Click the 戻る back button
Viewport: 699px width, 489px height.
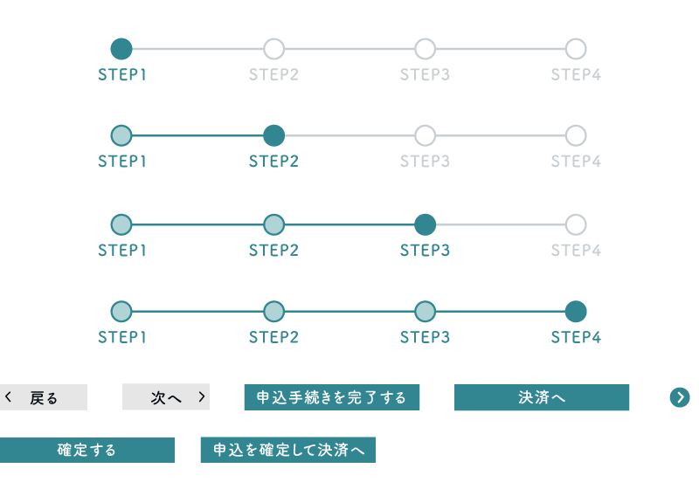43,397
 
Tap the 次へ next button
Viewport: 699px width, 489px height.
166,396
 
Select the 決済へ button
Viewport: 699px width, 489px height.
542,397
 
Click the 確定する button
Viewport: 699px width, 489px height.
87,450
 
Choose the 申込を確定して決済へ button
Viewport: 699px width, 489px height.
288,450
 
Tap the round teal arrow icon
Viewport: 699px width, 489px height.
680,397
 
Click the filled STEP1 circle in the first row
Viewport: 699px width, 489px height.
121,49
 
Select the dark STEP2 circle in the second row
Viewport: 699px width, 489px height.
273,136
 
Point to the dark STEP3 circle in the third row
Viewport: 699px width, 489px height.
425,224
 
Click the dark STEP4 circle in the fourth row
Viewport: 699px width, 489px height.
576,312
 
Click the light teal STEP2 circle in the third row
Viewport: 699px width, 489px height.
273,224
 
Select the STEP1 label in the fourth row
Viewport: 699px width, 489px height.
122,337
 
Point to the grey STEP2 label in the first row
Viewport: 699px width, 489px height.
273,74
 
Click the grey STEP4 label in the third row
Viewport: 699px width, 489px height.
576,251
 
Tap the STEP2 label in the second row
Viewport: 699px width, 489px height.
273,162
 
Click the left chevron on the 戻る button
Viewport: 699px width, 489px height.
8,396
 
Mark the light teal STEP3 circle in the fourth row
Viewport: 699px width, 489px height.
425,312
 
